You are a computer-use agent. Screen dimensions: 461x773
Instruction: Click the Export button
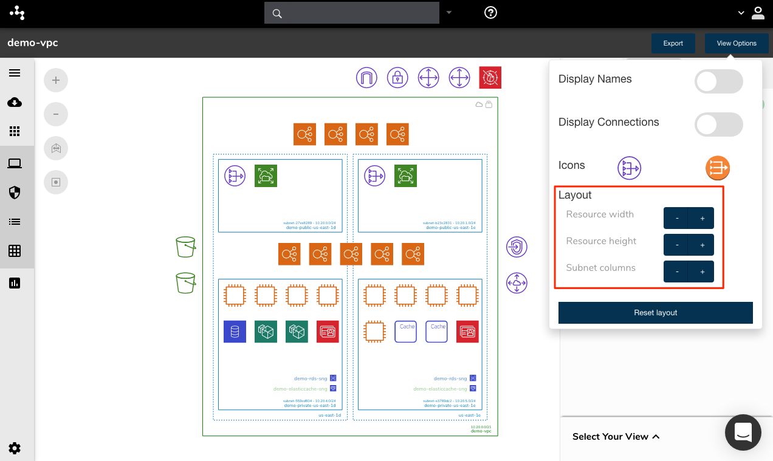(673, 43)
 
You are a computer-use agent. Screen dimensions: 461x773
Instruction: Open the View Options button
(737, 43)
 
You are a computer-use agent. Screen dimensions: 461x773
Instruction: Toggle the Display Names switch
(718, 81)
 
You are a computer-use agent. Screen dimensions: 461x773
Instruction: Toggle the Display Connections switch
(718, 125)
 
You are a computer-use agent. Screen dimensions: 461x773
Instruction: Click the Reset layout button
(655, 313)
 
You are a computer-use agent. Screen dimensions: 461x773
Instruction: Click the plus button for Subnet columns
(702, 271)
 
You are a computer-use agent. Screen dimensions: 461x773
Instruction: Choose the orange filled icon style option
(717, 168)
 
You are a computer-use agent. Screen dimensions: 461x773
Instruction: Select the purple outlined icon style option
(630, 168)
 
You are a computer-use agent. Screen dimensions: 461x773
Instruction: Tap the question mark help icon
(490, 13)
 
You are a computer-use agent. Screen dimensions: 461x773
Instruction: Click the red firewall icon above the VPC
(490, 78)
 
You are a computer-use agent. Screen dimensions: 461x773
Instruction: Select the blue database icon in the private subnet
(235, 332)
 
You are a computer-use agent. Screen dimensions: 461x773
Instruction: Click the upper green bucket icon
(185, 247)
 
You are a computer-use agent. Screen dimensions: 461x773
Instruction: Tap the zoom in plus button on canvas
(56, 80)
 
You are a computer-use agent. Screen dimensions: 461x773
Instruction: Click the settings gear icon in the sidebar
(15, 448)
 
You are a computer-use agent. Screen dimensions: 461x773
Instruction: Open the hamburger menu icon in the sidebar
(15, 73)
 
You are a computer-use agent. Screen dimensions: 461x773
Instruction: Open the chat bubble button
(743, 432)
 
